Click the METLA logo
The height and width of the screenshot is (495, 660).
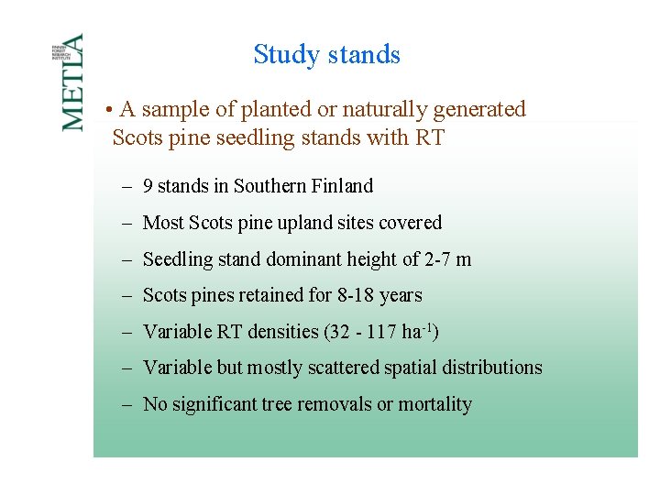click(x=73, y=82)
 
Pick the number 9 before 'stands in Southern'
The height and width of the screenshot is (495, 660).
click(x=148, y=186)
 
